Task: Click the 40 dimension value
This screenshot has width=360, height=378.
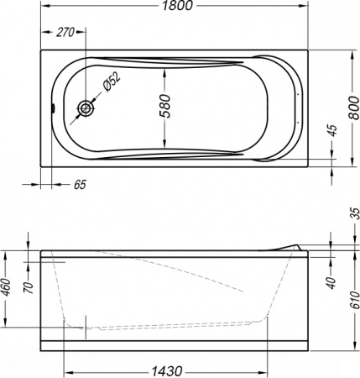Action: click(331, 281)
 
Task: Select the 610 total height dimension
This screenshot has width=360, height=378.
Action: click(354, 299)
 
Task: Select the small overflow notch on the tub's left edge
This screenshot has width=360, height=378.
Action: click(53, 108)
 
